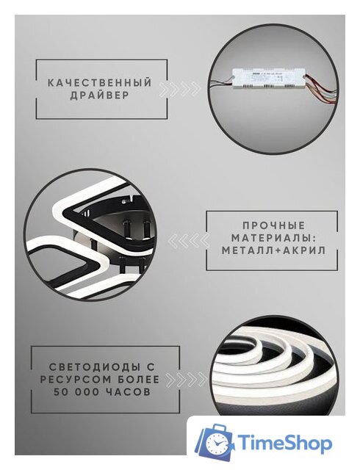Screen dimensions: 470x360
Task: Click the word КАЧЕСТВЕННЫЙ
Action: (x=100, y=83)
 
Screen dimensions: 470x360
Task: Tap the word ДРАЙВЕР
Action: (x=100, y=97)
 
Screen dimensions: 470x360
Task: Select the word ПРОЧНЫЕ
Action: (x=273, y=226)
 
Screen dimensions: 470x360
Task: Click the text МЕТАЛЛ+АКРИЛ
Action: (x=273, y=251)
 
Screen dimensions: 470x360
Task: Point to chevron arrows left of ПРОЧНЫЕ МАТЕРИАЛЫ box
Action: (x=187, y=239)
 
